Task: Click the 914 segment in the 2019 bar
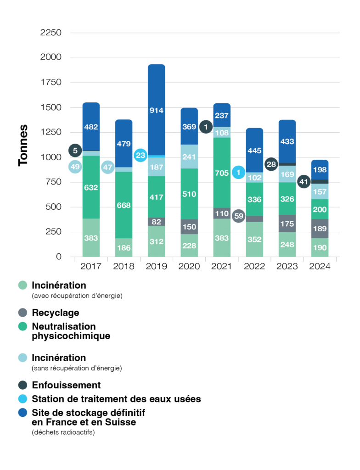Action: [157, 110]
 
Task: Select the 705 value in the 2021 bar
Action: [222, 173]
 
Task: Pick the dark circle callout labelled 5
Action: [75, 150]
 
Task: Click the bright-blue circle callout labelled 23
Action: [141, 155]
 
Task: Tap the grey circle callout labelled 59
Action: [238, 216]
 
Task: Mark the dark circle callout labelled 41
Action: [304, 182]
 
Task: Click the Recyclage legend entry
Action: [56, 313]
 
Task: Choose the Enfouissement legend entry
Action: [66, 385]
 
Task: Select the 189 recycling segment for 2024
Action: [320, 229]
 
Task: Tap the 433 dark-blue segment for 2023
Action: [287, 142]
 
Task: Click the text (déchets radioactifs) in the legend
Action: [63, 432]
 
